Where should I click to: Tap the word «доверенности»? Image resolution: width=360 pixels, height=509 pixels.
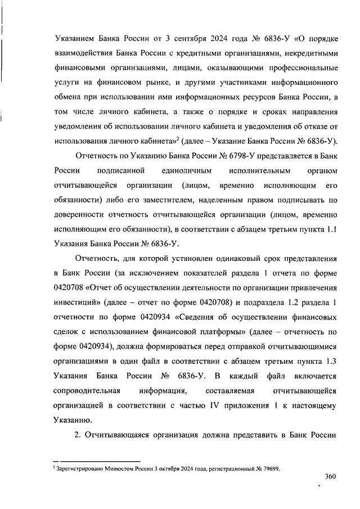[80, 214]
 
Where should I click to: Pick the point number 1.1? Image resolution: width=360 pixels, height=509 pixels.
[330, 228]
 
